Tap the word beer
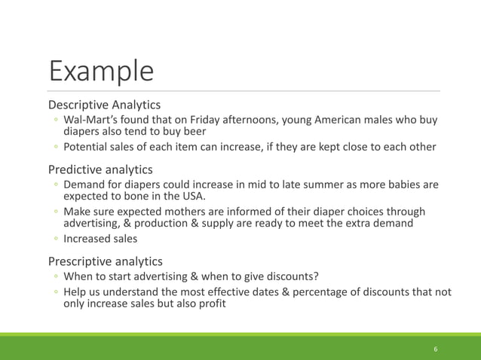[192, 133]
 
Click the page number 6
[436, 349]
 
